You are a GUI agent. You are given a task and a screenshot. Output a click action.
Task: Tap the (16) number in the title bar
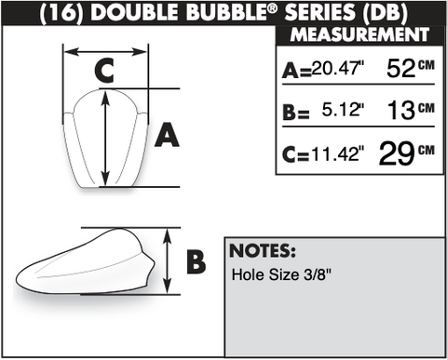point(61,13)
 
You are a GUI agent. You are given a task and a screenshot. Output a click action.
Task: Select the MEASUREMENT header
point(359,34)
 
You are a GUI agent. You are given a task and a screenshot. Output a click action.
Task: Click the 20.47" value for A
point(338,68)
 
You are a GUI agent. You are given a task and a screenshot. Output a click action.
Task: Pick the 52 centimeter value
point(400,69)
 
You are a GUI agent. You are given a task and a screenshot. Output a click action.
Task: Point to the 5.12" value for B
point(343,110)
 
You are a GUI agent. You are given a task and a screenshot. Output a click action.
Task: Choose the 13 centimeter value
point(401,111)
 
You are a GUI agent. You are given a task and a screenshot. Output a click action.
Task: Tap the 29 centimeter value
point(397,153)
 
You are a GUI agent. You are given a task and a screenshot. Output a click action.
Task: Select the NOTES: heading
point(263,251)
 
